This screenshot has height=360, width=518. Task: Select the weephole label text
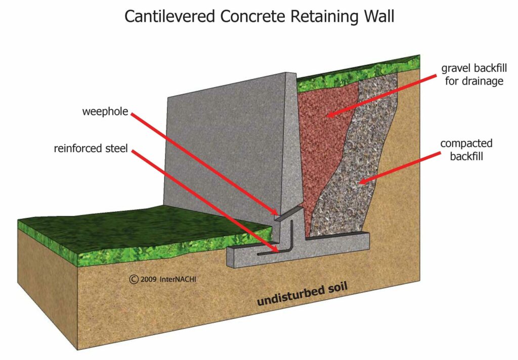[105, 111]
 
